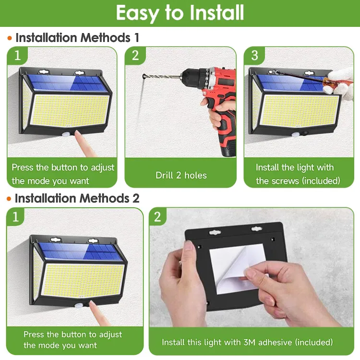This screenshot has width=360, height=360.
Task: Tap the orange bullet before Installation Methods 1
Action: click(9, 38)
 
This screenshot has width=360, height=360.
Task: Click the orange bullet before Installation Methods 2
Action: click(9, 198)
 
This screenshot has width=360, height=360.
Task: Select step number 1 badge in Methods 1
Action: click(18, 55)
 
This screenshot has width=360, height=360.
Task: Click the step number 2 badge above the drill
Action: click(135, 55)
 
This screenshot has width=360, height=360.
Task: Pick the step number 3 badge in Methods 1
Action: click(254, 55)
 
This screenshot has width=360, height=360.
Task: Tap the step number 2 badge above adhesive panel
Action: click(158, 217)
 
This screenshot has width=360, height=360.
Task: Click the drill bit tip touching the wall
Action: click(144, 75)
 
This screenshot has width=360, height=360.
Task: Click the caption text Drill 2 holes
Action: click(181, 175)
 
